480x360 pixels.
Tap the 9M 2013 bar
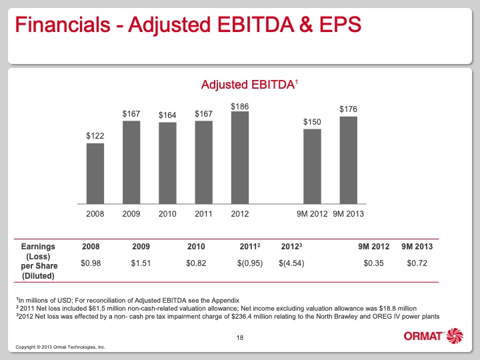[x=348, y=160]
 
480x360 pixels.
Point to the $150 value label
[x=312, y=122]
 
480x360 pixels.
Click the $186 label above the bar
[x=239, y=105]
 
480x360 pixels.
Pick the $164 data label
[x=167, y=115]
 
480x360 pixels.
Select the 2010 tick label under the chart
[x=167, y=214]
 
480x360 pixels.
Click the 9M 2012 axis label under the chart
[x=312, y=214]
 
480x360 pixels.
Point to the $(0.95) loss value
[x=249, y=263]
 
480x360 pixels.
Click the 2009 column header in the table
[x=142, y=247]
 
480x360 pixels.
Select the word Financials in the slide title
[x=59, y=25]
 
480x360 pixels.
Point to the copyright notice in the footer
[x=60, y=348]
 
